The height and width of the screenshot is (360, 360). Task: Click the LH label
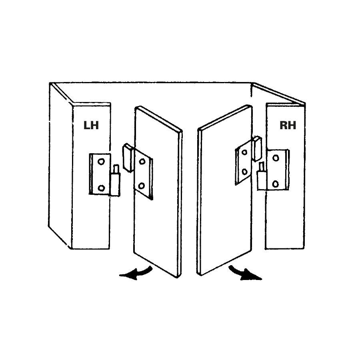(x=91, y=125)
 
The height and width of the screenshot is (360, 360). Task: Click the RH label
(x=288, y=125)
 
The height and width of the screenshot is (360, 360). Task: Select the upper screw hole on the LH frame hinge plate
(x=101, y=161)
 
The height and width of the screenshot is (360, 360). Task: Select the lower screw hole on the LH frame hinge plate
(x=101, y=188)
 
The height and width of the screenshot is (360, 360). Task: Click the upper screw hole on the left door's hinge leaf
(x=142, y=162)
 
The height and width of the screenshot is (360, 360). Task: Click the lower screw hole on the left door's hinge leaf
(x=141, y=186)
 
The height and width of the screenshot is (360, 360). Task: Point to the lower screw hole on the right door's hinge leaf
(x=244, y=172)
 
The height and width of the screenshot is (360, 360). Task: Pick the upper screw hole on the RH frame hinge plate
(x=276, y=158)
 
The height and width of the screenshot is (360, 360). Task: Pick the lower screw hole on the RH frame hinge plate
(x=275, y=184)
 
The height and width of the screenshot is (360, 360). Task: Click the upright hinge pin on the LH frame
(x=116, y=168)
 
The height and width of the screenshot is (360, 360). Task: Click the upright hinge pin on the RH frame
(x=261, y=166)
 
